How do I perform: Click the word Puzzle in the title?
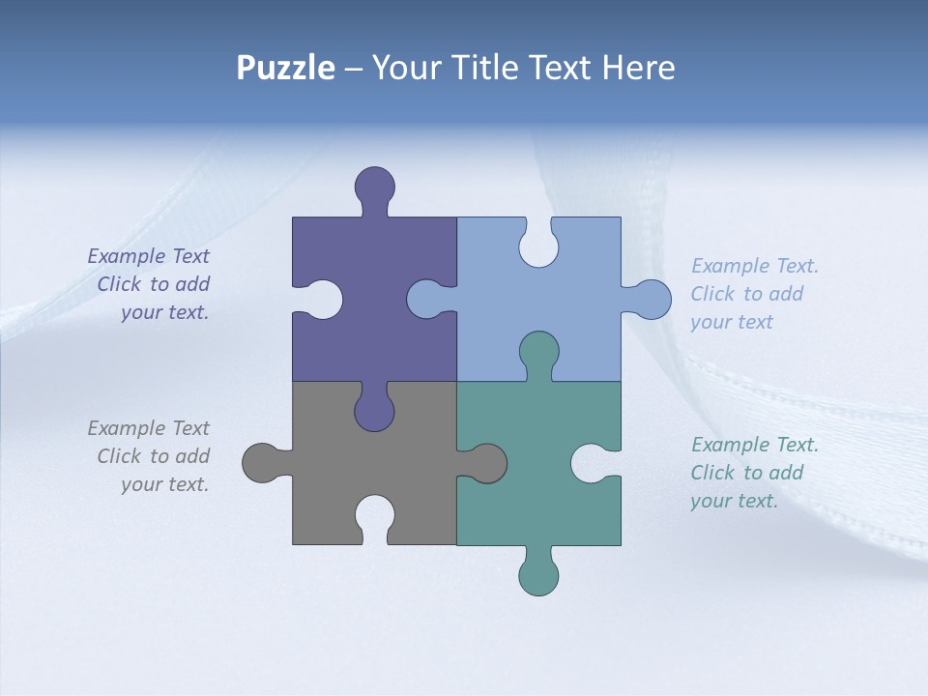(285, 68)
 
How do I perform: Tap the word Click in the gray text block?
(120, 456)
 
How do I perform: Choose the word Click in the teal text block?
(713, 473)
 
